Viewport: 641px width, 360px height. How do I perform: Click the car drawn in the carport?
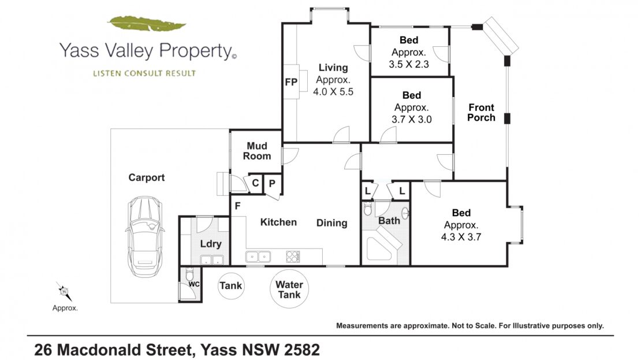click(x=144, y=237)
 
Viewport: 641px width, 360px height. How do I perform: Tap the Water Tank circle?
click(x=289, y=289)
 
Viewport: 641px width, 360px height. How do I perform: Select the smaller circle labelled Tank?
click(x=231, y=285)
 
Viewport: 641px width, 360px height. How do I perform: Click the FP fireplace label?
click(x=291, y=82)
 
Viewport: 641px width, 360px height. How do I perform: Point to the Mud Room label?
click(x=257, y=151)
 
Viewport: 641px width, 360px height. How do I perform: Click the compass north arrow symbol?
click(x=64, y=291)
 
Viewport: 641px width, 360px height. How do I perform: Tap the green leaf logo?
click(x=146, y=24)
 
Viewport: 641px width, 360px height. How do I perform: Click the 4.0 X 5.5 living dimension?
click(x=333, y=92)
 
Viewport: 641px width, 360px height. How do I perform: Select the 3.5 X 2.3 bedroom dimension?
click(x=409, y=64)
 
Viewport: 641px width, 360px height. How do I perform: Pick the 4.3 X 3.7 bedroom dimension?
click(x=461, y=237)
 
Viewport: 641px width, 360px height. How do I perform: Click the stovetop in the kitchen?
click(x=293, y=257)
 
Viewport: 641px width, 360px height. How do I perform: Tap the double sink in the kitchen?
click(x=258, y=257)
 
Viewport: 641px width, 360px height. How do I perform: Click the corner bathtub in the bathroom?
click(x=383, y=244)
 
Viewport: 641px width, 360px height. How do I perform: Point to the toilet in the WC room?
click(x=189, y=274)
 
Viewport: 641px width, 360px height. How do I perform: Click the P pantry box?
click(x=272, y=184)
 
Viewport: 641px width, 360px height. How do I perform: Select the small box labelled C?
click(x=255, y=183)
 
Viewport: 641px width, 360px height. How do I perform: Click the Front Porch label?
click(x=481, y=113)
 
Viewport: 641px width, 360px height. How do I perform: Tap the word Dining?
click(x=331, y=223)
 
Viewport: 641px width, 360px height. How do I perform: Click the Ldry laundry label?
click(x=211, y=244)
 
